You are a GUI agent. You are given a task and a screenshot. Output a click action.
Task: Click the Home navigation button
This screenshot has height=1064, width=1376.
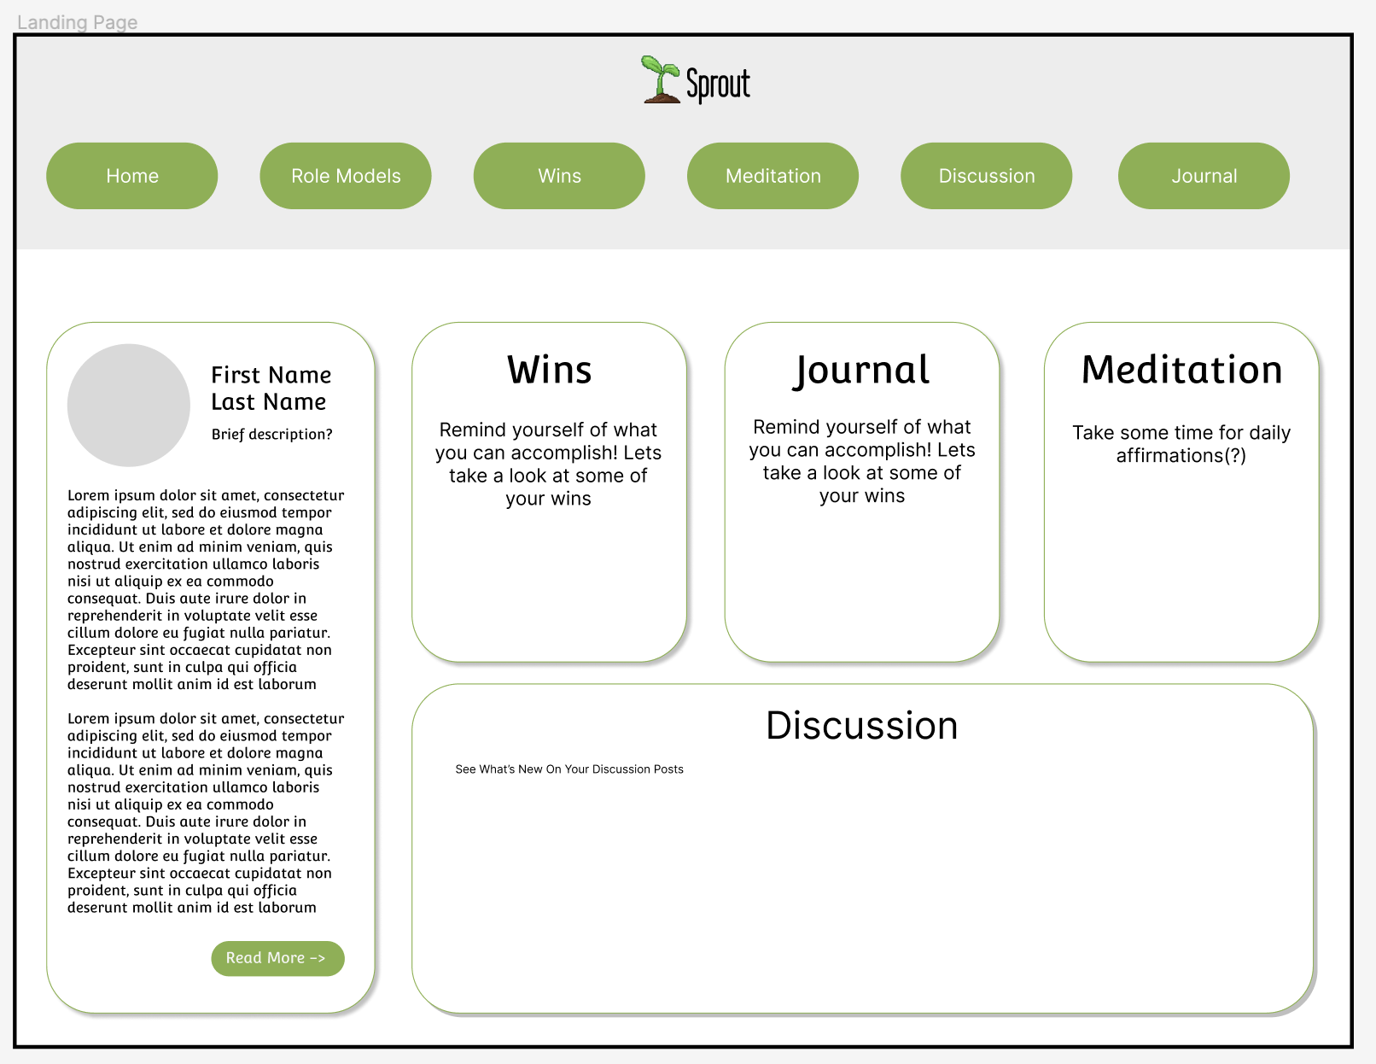coord(132,176)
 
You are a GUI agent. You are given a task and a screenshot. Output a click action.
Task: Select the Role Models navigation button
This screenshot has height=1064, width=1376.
coord(346,176)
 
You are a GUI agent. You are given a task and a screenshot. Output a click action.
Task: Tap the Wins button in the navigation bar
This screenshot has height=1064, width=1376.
coord(559,176)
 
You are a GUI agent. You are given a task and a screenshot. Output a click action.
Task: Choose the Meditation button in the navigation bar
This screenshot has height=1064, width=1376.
coord(773,176)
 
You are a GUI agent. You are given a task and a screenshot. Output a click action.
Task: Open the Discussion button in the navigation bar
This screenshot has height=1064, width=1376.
coord(986,176)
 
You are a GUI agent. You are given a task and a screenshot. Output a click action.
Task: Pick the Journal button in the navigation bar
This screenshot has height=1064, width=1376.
coord(1204,176)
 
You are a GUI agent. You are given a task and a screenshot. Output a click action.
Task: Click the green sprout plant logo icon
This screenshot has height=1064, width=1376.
coord(661,80)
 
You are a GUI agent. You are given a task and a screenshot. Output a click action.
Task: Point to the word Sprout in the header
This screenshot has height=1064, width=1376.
coord(718,85)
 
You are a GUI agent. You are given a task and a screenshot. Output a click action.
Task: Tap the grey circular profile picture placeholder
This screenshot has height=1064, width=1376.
coord(129,406)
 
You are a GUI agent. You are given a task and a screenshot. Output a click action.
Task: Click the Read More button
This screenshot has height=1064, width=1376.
coord(277,958)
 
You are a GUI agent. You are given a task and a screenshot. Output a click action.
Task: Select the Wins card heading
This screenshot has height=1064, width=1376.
coord(549,371)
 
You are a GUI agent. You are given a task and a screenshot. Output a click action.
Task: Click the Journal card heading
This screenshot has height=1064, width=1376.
coord(861,371)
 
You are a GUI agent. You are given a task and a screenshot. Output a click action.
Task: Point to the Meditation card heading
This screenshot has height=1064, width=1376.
coord(1181,371)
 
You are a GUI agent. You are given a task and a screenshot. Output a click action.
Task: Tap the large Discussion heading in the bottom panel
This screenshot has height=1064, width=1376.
coord(861,726)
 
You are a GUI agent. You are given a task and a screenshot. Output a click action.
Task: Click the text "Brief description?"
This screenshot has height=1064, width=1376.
coord(271,434)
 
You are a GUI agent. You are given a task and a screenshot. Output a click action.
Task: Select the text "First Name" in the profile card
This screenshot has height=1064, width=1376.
coord(271,375)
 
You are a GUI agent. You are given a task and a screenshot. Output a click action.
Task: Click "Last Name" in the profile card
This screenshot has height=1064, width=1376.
coord(268,402)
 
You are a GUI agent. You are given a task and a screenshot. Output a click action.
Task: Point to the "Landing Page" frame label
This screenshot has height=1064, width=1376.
coord(77,22)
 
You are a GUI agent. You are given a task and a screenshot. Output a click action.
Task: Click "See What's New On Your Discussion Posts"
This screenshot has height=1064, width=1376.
coord(569,769)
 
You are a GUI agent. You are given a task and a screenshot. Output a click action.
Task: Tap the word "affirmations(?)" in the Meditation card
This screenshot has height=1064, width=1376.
coord(1181,456)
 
